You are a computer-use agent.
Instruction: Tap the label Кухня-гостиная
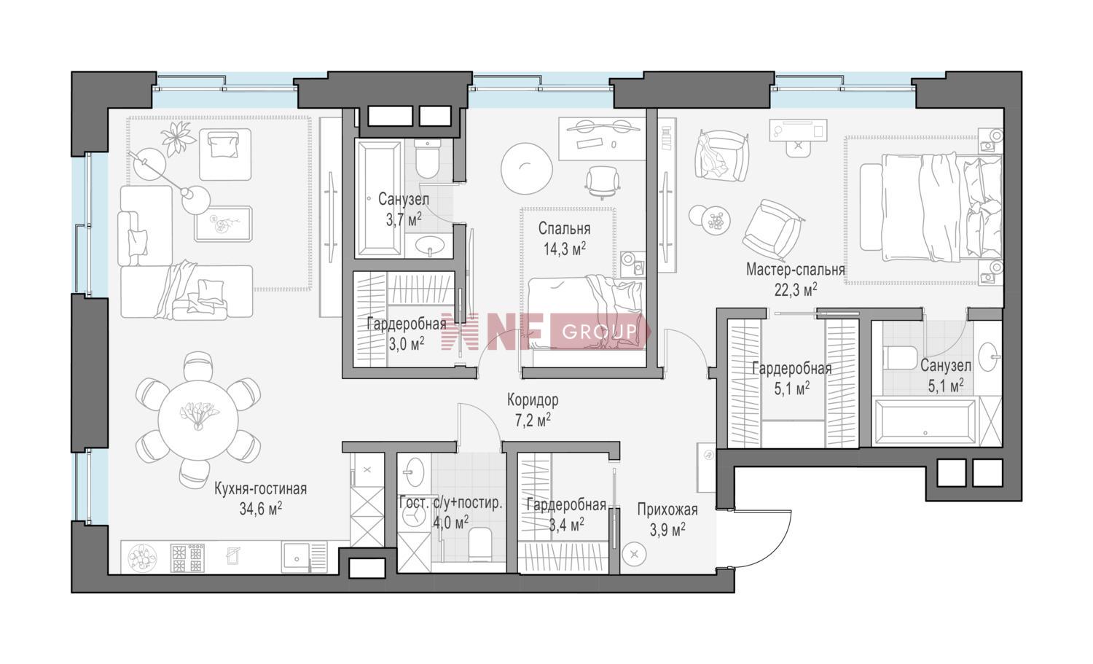pyautogui.click(x=261, y=489)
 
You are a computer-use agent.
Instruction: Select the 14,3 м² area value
pyautogui.click(x=565, y=249)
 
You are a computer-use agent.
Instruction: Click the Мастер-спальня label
pyautogui.click(x=796, y=270)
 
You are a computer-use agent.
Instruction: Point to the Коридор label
pyautogui.click(x=533, y=400)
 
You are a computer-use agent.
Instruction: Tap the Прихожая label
pyautogui.click(x=667, y=509)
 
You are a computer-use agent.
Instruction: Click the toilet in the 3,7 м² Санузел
pyautogui.click(x=428, y=159)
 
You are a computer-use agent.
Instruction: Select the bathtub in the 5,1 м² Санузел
pyautogui.click(x=925, y=422)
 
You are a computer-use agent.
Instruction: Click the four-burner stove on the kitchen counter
pyautogui.click(x=187, y=558)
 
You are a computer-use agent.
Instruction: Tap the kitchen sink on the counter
pyautogui.click(x=296, y=558)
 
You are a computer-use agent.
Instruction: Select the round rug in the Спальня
pyautogui.click(x=527, y=168)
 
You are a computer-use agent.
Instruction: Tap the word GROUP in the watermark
pyautogui.click(x=600, y=332)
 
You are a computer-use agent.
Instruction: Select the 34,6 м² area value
pyautogui.click(x=261, y=509)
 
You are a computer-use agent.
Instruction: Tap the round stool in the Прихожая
pyautogui.click(x=635, y=554)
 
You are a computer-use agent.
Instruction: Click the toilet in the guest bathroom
pyautogui.click(x=480, y=544)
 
